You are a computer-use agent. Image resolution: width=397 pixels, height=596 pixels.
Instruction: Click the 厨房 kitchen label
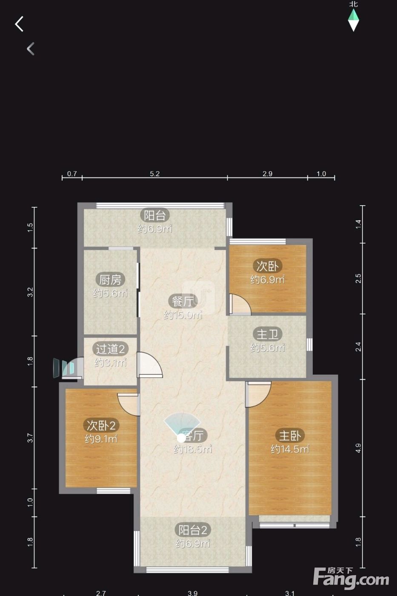110,280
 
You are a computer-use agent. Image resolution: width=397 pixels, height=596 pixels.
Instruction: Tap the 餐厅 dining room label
183,301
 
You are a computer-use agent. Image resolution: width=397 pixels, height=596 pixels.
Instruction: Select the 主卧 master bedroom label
290,436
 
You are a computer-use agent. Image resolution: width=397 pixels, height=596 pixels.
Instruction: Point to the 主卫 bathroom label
268,334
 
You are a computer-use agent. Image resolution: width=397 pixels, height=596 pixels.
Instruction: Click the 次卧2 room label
101,425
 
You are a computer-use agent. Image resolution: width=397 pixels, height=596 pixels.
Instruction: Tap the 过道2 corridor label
110,349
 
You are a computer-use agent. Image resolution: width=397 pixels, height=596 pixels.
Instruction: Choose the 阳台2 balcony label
192,530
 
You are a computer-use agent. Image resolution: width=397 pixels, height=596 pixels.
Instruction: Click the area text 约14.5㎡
290,449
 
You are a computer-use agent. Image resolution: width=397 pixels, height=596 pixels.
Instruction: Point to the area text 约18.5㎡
193,449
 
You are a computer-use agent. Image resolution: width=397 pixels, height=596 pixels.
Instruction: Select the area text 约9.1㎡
101,439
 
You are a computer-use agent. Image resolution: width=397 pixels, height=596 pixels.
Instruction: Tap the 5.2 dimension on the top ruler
155,174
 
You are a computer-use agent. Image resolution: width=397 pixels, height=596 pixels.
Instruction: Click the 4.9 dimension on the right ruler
358,448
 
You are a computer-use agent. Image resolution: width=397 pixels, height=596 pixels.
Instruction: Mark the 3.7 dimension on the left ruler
30,438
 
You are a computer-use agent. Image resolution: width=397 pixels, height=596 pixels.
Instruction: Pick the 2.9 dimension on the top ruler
268,174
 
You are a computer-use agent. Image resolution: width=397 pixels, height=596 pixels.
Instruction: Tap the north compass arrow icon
354,20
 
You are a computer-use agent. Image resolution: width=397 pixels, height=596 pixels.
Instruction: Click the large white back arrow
19,24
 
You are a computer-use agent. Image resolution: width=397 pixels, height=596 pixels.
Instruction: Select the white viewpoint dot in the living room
181,438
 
